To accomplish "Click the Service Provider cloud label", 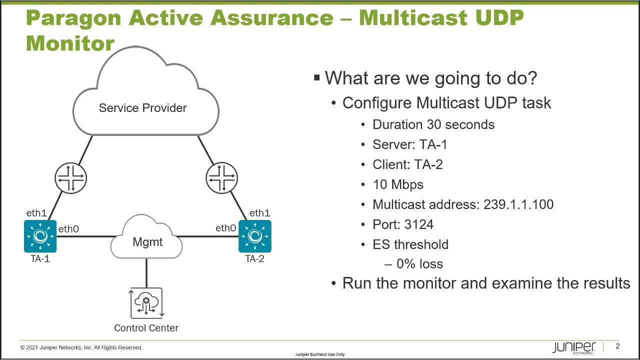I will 142,108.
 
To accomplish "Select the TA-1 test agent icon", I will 40,236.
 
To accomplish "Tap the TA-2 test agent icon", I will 255,236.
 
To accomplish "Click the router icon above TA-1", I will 70,178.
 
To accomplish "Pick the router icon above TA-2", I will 221,178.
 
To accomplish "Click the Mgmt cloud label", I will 147,242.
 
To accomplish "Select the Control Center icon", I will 146,303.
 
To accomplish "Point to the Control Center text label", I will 146,328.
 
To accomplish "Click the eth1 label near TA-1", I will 36,213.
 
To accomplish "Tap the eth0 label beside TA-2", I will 225,228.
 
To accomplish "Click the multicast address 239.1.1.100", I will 518,204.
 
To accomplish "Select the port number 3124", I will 418,224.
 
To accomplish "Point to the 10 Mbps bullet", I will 398,184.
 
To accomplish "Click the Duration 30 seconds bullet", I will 433,124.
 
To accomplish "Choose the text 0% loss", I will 419,264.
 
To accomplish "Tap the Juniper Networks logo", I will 574,347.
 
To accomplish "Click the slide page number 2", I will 617,346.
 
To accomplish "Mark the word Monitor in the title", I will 70,43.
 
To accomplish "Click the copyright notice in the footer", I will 81,347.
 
